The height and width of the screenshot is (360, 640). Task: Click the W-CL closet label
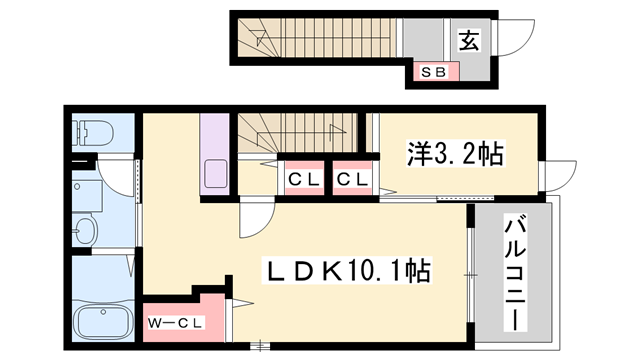click(176, 322)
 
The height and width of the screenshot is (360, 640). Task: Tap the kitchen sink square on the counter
click(217, 173)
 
